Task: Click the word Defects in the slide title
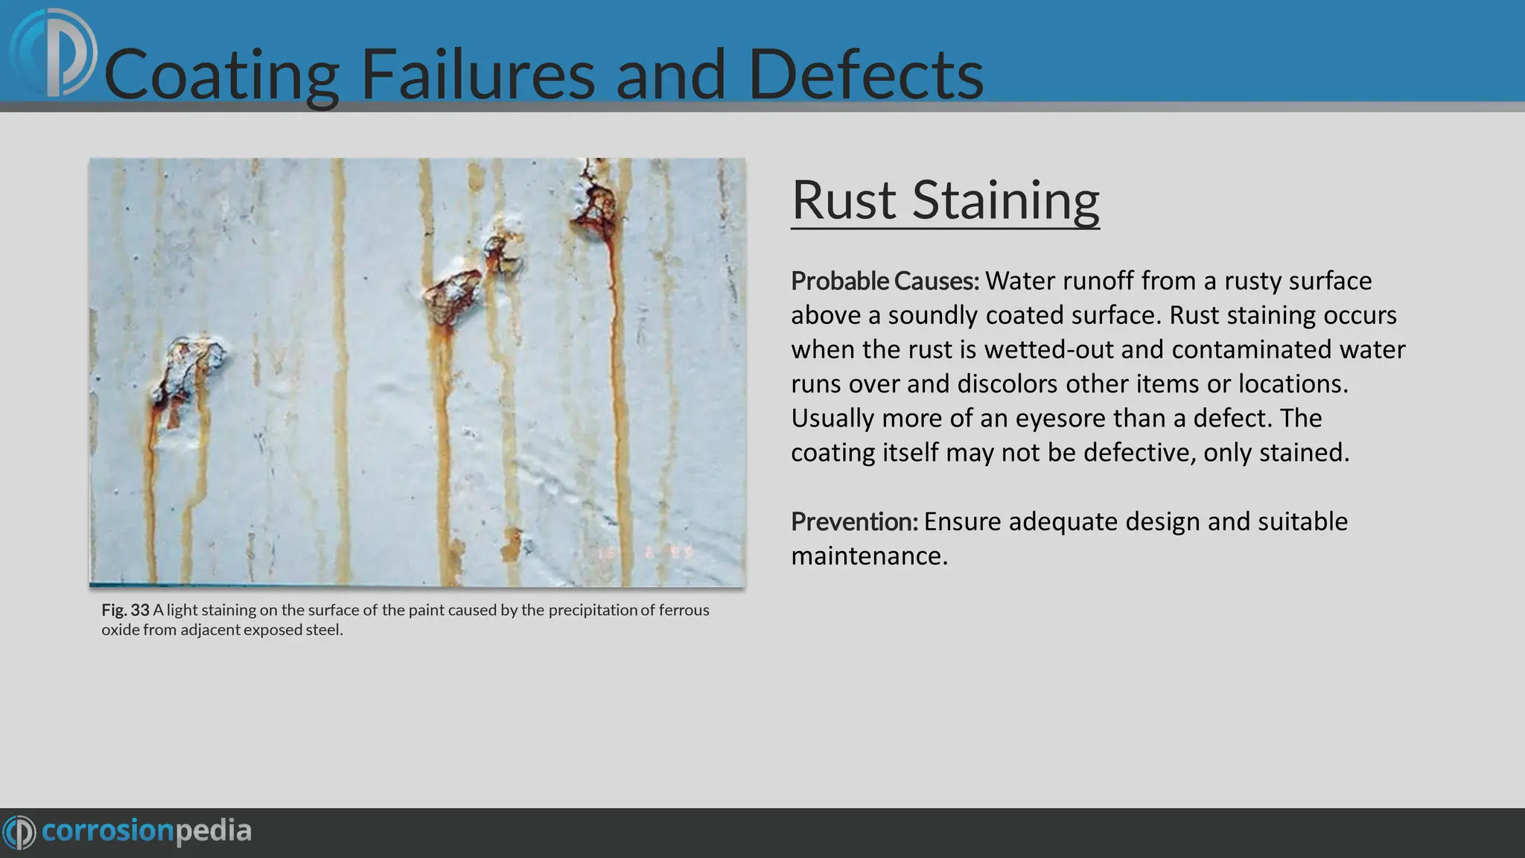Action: click(x=865, y=75)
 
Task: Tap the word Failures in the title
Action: click(x=477, y=75)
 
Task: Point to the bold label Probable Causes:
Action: click(x=885, y=282)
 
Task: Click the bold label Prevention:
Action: click(x=854, y=522)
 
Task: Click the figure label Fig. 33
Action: click(x=125, y=610)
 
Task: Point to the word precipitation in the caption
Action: click(x=593, y=610)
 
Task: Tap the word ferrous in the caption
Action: click(x=684, y=610)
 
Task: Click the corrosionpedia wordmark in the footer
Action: click(x=146, y=831)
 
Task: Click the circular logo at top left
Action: click(x=54, y=54)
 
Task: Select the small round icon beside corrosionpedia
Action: click(x=19, y=832)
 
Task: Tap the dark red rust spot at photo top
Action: click(x=596, y=205)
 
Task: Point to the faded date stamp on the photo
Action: click(x=646, y=553)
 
